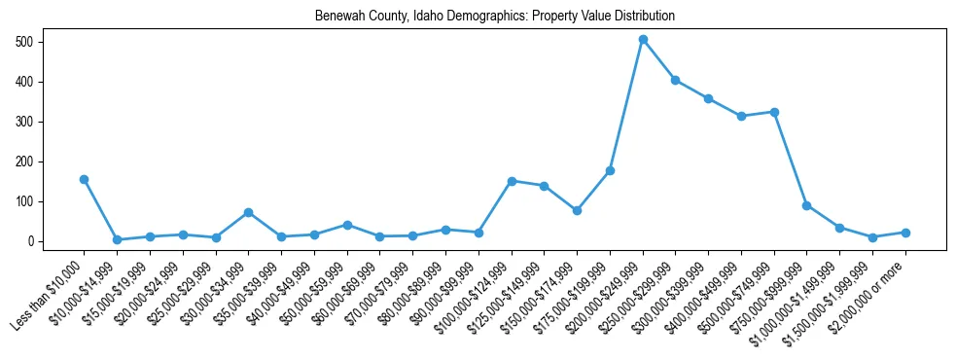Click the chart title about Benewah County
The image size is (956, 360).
tap(494, 17)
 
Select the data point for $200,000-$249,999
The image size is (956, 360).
tap(643, 40)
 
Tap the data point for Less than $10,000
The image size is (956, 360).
tap(85, 179)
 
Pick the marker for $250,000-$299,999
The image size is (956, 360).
tap(676, 80)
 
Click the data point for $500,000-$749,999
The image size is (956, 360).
tap(774, 112)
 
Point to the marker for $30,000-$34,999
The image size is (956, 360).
tap(249, 212)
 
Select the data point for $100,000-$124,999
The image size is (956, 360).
tap(512, 181)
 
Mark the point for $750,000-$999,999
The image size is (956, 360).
tap(807, 205)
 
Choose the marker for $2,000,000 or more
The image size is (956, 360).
tap(905, 233)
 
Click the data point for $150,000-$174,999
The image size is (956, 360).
tap(578, 210)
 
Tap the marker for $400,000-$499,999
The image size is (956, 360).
tap(741, 116)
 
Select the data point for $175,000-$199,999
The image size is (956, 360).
tap(610, 170)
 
